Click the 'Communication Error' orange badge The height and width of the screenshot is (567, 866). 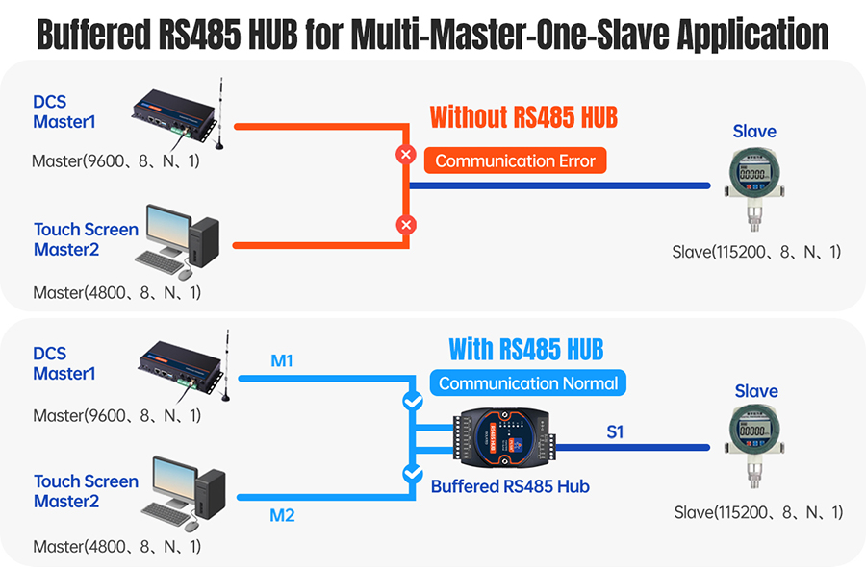(516, 160)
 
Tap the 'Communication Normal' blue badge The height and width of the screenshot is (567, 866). (527, 383)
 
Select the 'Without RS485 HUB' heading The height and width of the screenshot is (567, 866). (523, 118)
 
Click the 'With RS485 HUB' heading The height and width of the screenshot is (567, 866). (526, 348)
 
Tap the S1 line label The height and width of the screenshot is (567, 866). (615, 432)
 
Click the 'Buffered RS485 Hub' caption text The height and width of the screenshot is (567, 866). (510, 486)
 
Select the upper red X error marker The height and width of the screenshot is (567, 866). (406, 154)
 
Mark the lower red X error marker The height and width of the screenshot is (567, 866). (406, 225)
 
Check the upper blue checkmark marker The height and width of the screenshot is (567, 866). (412, 402)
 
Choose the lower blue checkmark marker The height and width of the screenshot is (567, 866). (412, 473)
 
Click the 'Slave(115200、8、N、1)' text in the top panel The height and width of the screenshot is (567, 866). (756, 252)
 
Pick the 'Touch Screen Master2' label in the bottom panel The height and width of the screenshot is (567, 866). (86, 491)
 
